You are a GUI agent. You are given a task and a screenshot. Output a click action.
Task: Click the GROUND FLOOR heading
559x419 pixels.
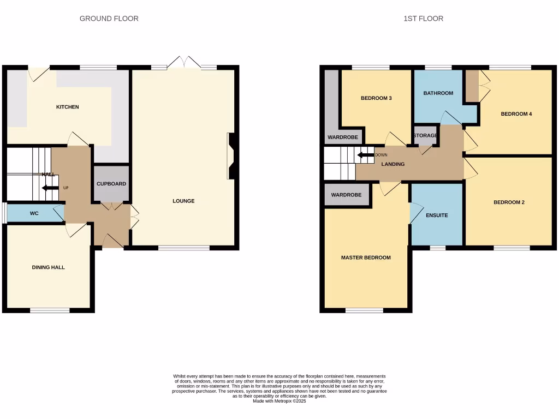tap(109, 19)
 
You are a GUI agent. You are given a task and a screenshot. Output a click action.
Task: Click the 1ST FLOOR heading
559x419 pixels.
tap(423, 19)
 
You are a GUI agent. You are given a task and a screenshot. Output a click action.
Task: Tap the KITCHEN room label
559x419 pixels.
tap(68, 107)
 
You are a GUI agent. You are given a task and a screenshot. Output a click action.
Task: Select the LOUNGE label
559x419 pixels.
tap(183, 201)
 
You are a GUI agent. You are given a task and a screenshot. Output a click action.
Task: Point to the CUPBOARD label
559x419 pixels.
tap(111, 184)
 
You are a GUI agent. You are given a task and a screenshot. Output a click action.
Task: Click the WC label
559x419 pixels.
tap(34, 213)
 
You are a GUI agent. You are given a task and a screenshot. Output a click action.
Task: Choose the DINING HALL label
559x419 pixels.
tap(49, 267)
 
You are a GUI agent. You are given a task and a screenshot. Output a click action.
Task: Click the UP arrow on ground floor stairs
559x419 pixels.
tap(51, 188)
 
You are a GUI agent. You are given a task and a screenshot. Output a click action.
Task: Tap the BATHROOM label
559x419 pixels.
tap(438, 93)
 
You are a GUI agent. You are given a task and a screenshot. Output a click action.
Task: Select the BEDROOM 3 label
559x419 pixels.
tap(377, 98)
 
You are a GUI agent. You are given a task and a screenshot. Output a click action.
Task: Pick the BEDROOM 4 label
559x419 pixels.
tap(516, 114)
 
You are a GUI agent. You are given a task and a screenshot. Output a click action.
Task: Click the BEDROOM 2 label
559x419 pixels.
tap(509, 202)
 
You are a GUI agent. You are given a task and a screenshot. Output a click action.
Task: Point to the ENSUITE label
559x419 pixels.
tap(437, 216)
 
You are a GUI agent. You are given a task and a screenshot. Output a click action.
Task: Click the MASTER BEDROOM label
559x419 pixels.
tap(366, 258)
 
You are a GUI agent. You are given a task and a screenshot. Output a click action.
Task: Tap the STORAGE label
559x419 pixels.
tap(425, 135)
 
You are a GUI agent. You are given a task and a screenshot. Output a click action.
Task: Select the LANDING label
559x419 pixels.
tap(393, 164)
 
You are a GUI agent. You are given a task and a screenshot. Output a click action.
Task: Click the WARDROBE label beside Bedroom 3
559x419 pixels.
tap(343, 137)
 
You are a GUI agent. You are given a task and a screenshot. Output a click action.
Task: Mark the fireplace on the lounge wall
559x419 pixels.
tap(231, 156)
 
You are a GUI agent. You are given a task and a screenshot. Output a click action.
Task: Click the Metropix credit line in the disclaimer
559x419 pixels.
tap(279, 401)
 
